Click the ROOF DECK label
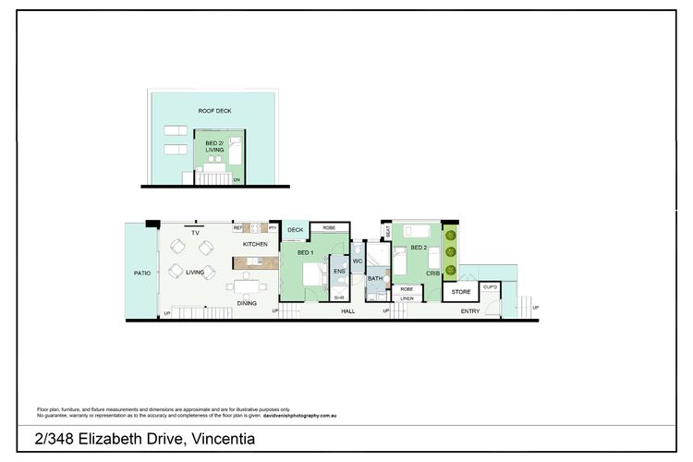pos(214,111)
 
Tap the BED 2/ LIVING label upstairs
pos(214,145)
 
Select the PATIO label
pos(141,273)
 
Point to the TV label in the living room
pos(195,234)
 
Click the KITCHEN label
pos(255,244)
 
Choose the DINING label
pos(247,303)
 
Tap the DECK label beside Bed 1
pos(296,230)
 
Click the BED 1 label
pos(306,252)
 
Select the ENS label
pos(339,272)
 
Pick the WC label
pos(358,261)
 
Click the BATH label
pos(374,278)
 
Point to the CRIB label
pos(432,274)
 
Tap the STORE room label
pos(460,292)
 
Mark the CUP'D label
pos(491,288)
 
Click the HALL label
pos(348,311)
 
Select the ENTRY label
pos(470,311)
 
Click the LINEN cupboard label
pos(407,298)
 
